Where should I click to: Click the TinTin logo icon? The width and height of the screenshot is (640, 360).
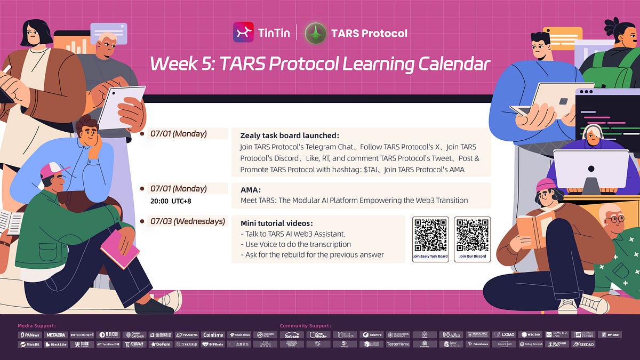pos(243,33)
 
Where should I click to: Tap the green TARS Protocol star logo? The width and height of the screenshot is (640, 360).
pos(315,33)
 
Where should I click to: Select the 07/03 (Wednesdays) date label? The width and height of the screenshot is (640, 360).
pos(187,221)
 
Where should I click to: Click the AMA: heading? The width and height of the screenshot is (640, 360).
pos(250,189)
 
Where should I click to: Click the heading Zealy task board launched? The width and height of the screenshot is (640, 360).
pos(290,135)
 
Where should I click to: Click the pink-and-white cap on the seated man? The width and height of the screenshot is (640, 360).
pos(53,170)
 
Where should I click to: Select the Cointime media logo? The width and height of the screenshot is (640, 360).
pos(213,335)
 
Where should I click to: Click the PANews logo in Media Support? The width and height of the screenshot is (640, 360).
pos(30,335)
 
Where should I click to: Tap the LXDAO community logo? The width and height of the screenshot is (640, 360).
pos(503,335)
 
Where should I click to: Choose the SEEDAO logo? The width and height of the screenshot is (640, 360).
pos(583,345)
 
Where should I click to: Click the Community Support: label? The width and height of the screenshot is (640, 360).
pos(305,325)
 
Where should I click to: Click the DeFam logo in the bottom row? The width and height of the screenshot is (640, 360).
pos(161,345)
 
